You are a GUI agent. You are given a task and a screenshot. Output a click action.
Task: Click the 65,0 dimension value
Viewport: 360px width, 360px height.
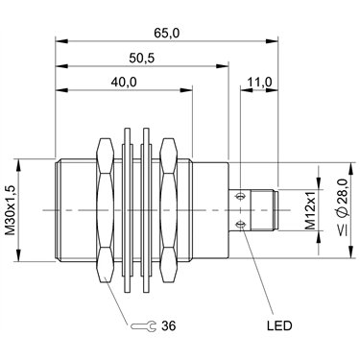tap(166, 33)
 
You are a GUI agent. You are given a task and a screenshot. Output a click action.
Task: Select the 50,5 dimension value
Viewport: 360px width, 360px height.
tap(142, 58)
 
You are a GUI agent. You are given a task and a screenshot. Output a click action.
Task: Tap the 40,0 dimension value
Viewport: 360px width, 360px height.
tap(124, 82)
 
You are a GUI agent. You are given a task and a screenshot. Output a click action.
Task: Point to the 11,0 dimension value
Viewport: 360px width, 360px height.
tap(259, 82)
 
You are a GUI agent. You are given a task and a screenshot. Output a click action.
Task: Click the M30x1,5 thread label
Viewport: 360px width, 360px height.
tap(11, 210)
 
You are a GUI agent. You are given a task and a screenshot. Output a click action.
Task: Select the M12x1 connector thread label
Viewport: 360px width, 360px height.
tap(310, 210)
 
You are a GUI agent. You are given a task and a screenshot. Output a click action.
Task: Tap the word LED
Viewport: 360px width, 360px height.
tap(279, 325)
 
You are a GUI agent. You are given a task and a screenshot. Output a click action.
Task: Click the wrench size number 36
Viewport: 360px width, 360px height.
tap(169, 325)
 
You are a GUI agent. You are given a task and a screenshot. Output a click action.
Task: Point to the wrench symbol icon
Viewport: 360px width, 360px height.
tap(143, 326)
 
